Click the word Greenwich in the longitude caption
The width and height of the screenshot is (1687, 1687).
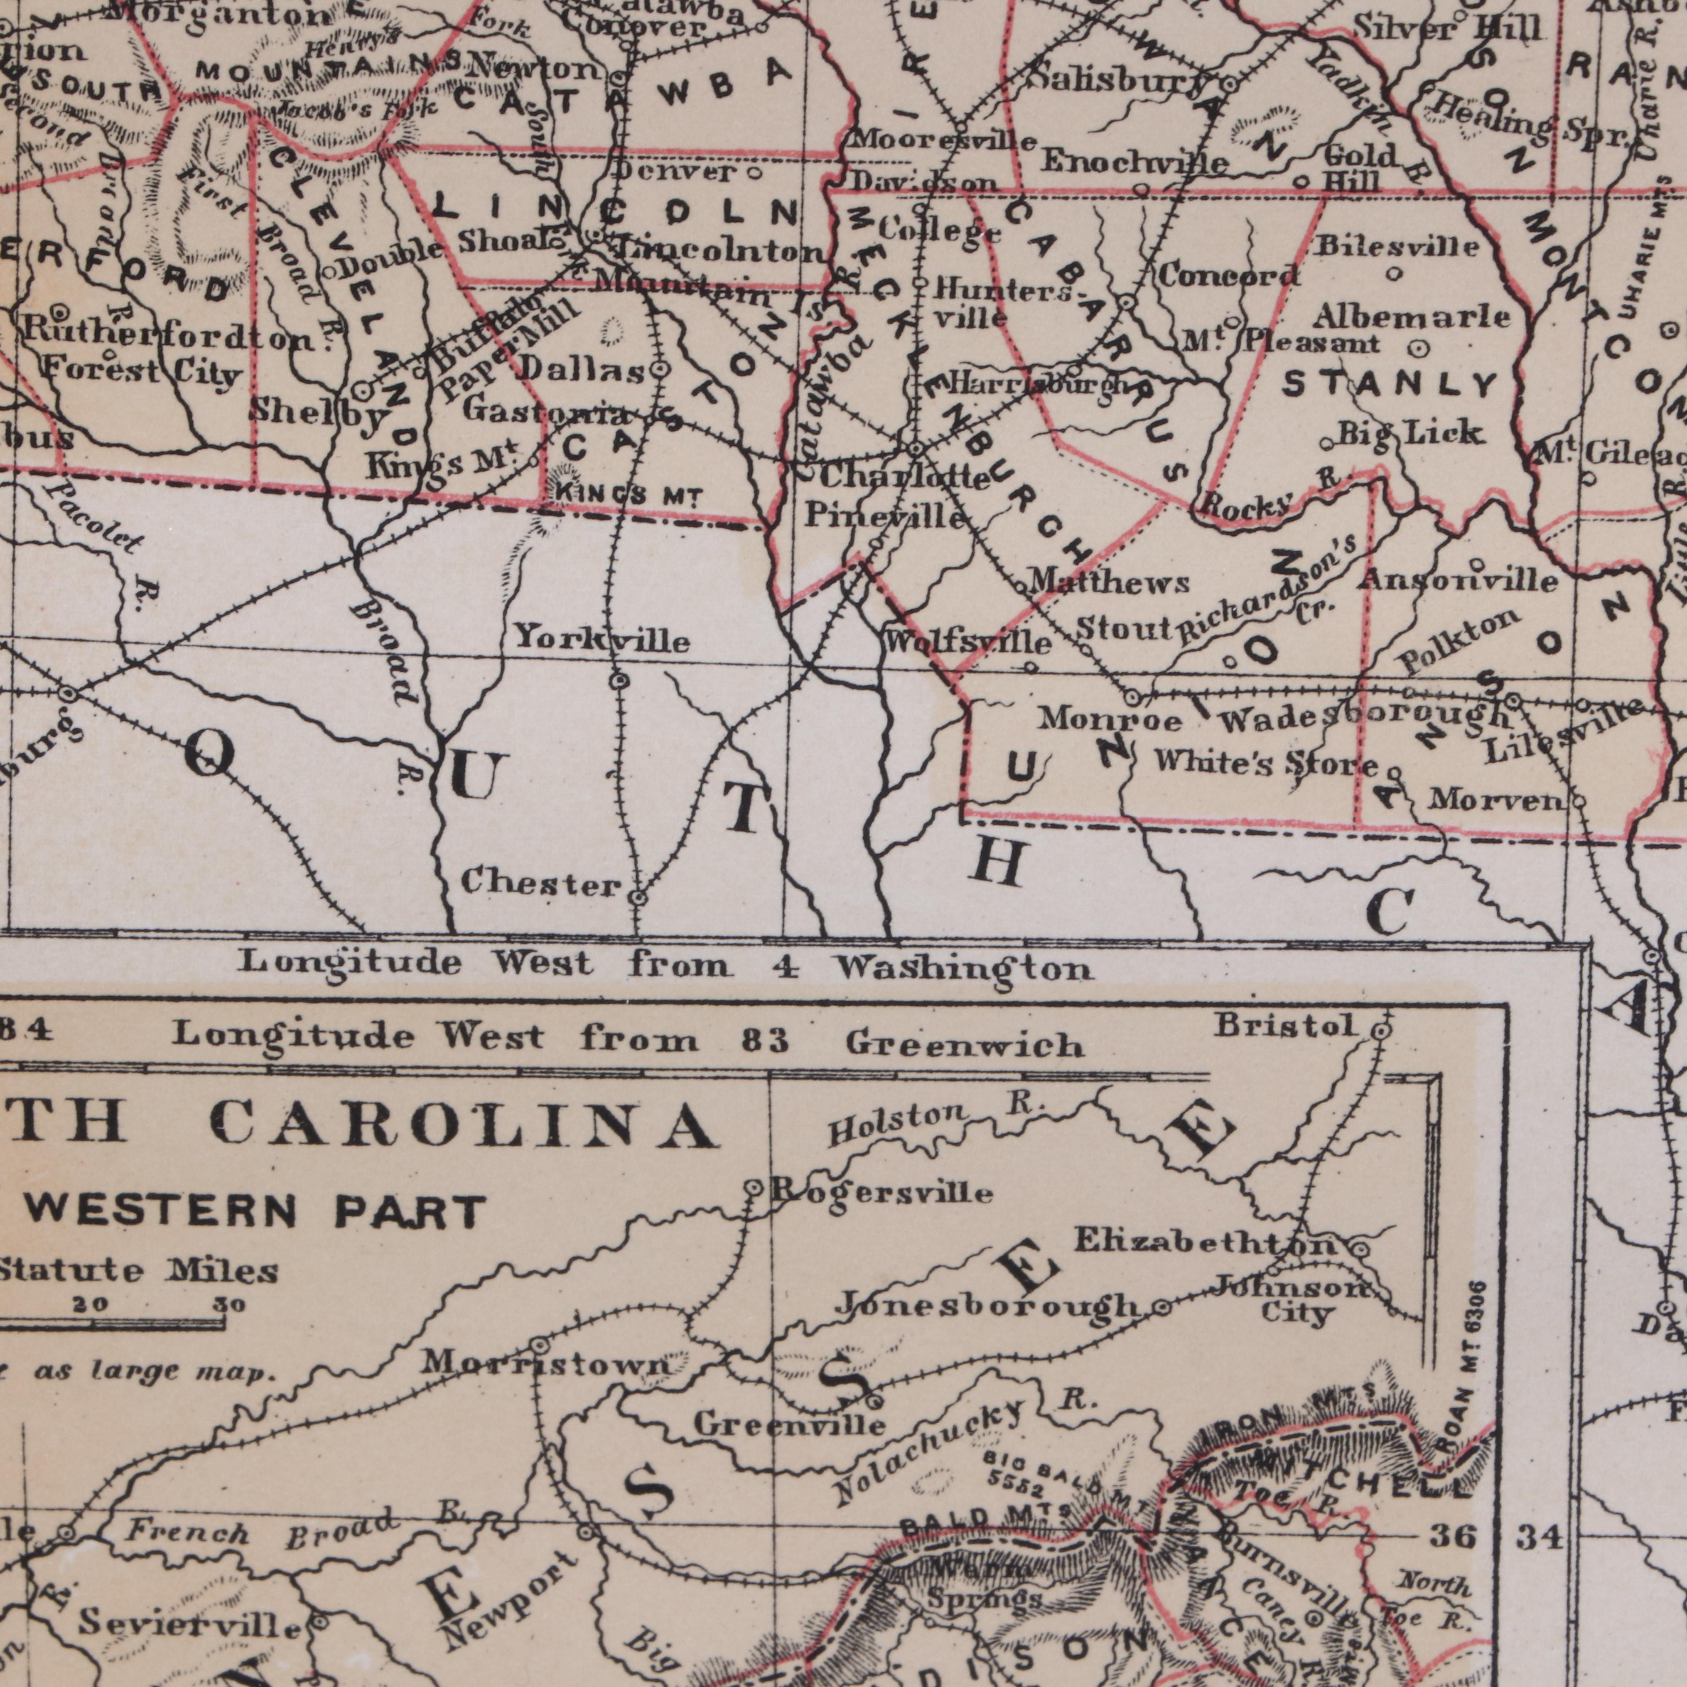pos(965,1045)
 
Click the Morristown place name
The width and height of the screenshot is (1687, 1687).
pos(546,1362)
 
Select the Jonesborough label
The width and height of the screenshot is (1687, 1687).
pos(987,1305)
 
